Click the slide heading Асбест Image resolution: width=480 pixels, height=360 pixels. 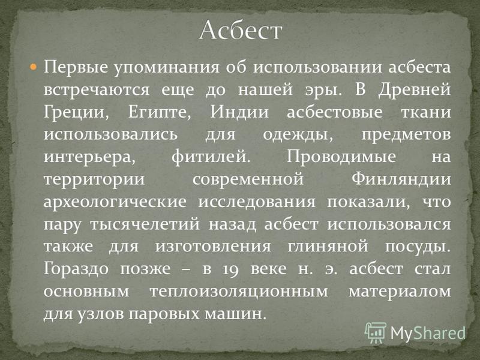click(241, 30)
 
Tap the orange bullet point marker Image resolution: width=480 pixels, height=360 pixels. click(34, 67)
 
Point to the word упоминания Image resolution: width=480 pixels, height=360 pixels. click(167, 68)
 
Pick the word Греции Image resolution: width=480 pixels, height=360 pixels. click(76, 113)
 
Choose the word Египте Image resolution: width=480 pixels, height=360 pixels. click(159, 113)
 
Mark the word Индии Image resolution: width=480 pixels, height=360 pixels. click(239, 112)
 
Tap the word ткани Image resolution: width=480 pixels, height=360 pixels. click(426, 112)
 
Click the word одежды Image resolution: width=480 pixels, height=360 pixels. click(298, 135)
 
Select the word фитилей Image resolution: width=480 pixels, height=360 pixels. click(211, 157)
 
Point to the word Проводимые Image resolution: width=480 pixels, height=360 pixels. click(341, 157)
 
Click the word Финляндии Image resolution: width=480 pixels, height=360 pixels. click(401, 179)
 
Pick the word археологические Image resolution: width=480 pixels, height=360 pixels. click(115, 202)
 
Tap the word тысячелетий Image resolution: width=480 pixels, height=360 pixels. click(145, 224)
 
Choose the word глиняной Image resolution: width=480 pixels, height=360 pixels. click(328, 247)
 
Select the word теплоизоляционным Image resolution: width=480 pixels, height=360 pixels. click(239, 292)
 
